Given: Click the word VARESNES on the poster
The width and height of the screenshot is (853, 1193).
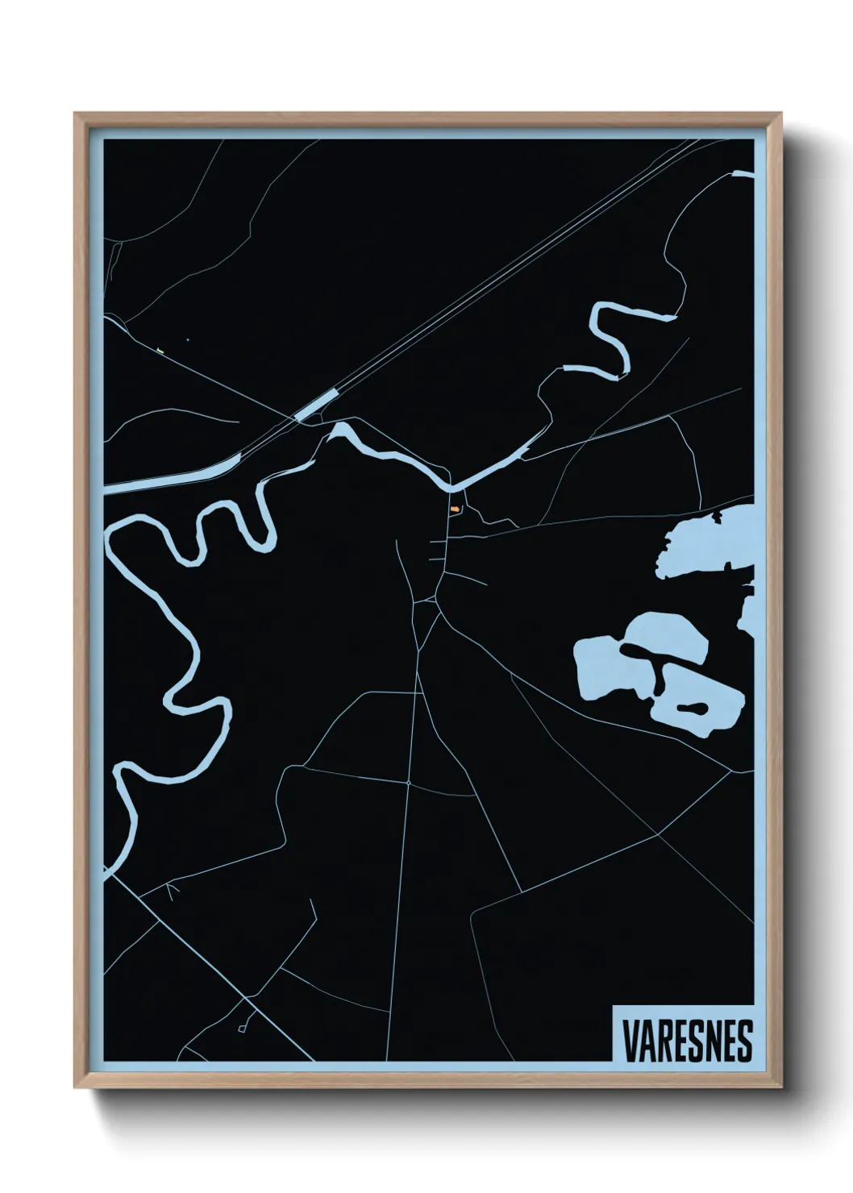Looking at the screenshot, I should [x=687, y=1041].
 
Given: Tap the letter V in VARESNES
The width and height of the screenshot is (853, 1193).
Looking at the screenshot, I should [x=629, y=1041].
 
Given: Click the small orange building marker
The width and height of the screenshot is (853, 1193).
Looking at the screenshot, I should [x=456, y=509].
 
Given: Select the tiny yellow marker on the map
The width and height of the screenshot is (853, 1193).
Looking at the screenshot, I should [x=161, y=350].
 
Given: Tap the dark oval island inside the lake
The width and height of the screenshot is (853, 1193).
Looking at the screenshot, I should [x=693, y=709].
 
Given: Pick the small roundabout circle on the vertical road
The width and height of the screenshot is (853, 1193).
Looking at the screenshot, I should [x=410, y=782].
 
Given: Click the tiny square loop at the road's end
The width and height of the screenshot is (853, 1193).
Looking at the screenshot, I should [x=242, y=1029].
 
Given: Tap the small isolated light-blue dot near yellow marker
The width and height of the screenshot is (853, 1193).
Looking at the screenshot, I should [x=187, y=340].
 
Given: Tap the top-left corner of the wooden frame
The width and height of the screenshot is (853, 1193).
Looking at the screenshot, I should [x=77, y=115].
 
